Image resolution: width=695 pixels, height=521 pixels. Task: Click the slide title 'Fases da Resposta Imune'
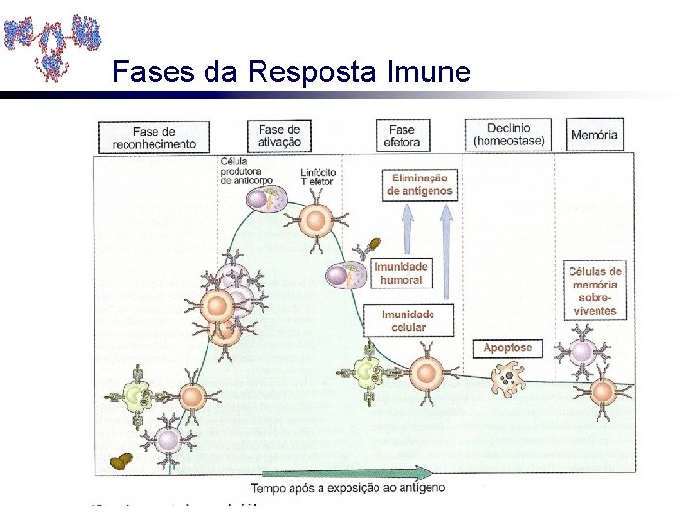point(291,72)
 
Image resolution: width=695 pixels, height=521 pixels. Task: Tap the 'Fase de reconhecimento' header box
point(154,137)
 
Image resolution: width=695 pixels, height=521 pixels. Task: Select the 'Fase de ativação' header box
point(279,135)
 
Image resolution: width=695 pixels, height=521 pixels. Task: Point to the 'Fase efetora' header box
point(402,135)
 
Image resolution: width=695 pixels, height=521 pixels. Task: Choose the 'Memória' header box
point(594,135)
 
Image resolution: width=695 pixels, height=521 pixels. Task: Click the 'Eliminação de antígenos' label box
point(420,184)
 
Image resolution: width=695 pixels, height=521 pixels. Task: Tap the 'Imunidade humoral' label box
point(401,273)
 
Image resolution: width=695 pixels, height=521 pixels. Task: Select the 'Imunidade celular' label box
point(408,320)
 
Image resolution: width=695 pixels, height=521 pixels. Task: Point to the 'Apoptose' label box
point(508,347)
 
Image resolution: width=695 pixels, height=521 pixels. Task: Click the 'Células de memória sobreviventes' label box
point(595,290)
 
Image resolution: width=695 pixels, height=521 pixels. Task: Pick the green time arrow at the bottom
point(347,473)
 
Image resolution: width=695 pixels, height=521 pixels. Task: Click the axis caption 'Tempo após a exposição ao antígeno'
point(347,488)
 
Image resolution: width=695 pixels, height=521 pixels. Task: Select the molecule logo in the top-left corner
point(52,43)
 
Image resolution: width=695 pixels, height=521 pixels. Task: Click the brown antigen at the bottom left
point(123,461)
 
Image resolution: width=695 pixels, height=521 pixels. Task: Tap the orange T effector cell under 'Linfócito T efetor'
point(316,219)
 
